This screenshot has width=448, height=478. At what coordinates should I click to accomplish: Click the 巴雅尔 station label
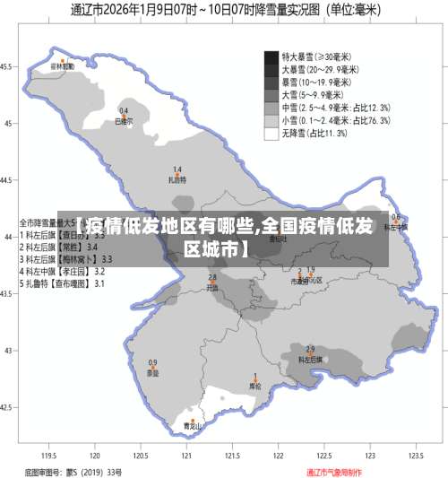tap(124, 119)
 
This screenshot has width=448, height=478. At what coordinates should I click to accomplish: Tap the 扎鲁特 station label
tap(177, 179)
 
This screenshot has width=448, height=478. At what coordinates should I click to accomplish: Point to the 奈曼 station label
tap(153, 373)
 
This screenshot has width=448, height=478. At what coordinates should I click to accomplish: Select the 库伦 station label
tap(255, 387)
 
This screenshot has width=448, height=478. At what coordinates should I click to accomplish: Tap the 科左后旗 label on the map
tap(310, 359)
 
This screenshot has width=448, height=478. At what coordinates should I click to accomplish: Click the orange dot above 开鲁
tap(212, 283)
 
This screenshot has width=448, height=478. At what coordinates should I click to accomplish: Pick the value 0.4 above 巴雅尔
tap(124, 110)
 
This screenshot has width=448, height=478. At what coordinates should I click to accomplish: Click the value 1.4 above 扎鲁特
tap(177, 169)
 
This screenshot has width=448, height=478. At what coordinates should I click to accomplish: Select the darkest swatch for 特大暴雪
tap(271, 56)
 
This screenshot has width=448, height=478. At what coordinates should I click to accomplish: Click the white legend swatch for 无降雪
tap(271, 134)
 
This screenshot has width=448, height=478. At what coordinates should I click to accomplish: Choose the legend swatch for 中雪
tap(271, 107)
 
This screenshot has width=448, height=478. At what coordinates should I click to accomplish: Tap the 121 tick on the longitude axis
tap(187, 456)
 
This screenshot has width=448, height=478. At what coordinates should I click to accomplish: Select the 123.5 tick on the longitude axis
tap(415, 456)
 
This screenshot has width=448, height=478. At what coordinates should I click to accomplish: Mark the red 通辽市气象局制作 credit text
tap(335, 472)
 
